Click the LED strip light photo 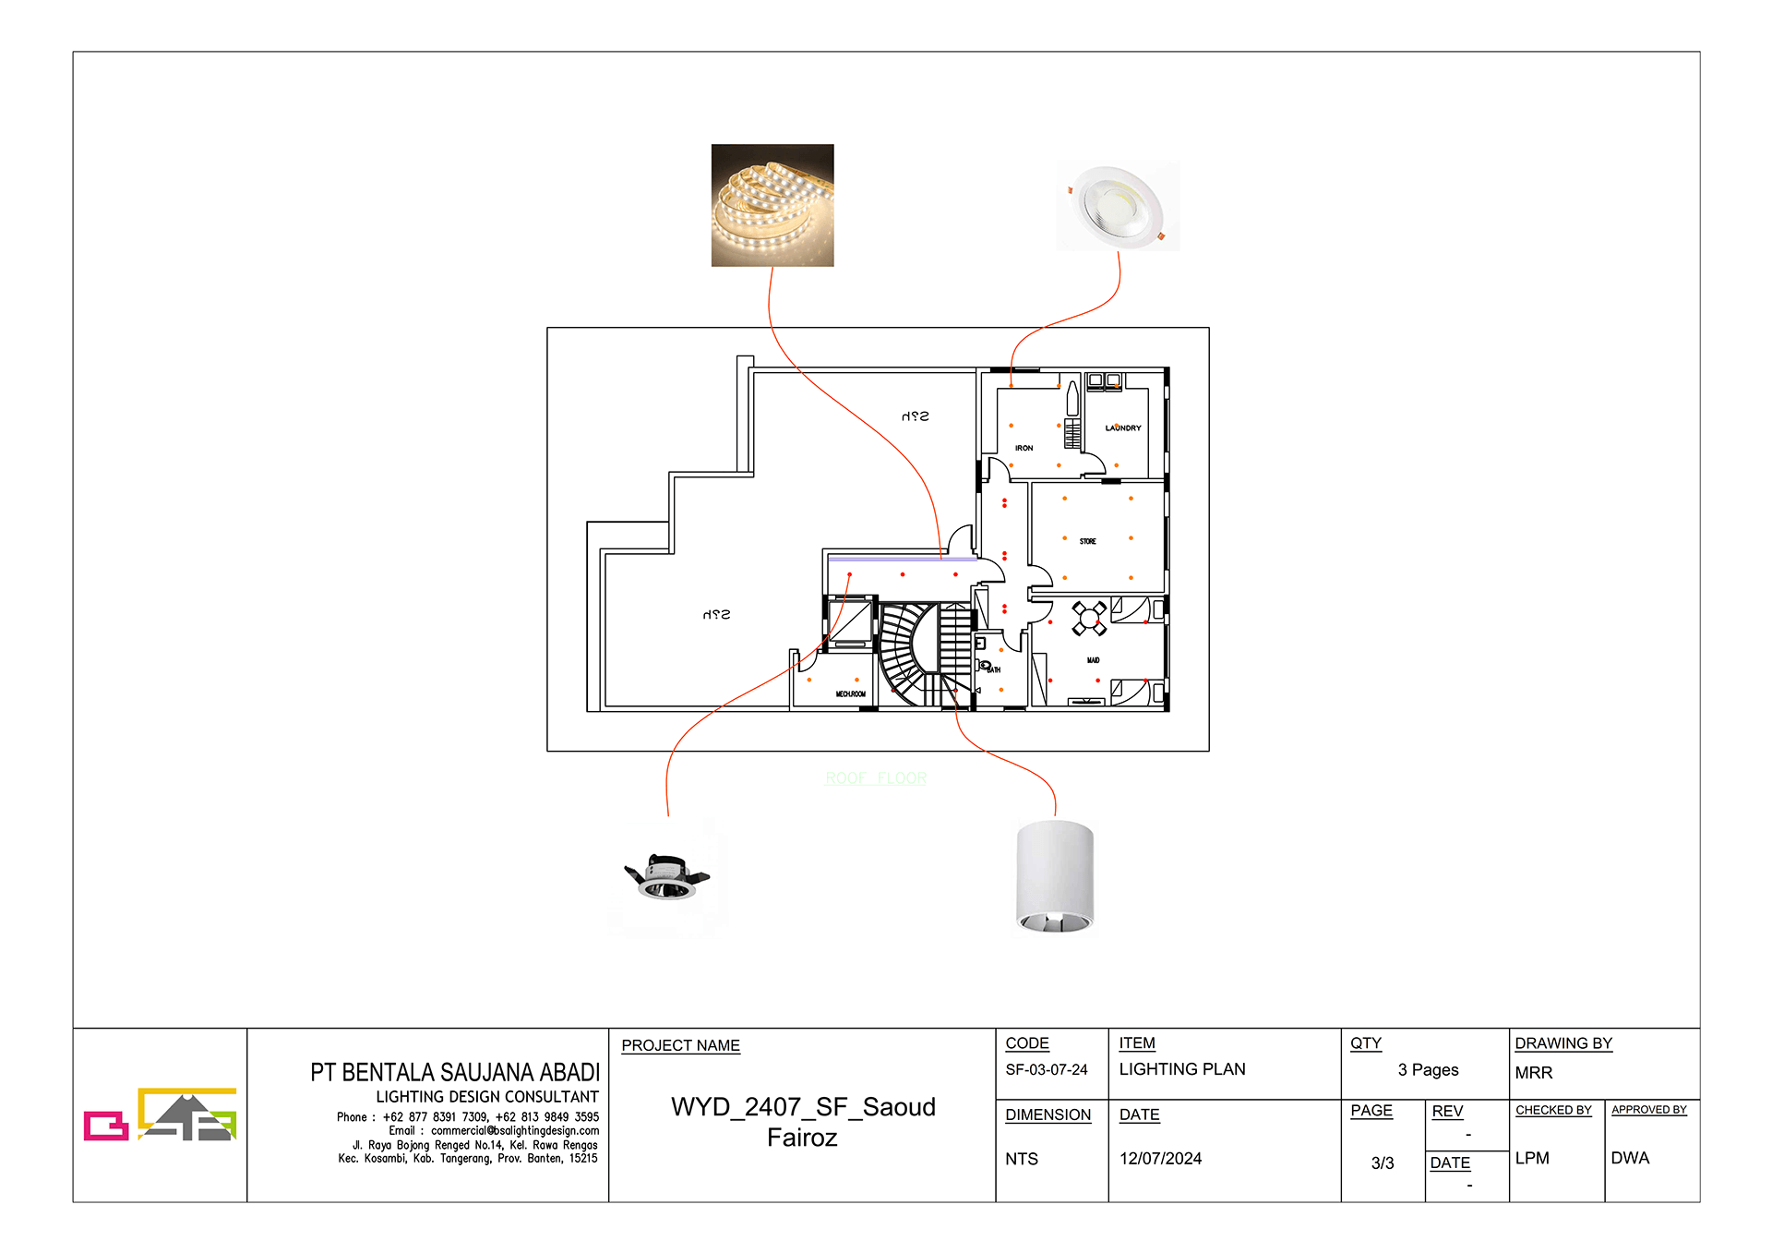(772, 205)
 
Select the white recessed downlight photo (1118, 205)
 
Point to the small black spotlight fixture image (666, 877)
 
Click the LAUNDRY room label (1123, 428)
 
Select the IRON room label (1024, 448)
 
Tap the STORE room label (1088, 542)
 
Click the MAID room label (1093, 660)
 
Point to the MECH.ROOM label (850, 693)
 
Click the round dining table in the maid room (1089, 618)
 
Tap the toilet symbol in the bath (985, 666)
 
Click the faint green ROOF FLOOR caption (876, 778)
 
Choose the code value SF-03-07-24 (1047, 1069)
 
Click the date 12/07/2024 (1160, 1159)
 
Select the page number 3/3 (1382, 1163)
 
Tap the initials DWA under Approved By (1629, 1158)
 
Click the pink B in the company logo (105, 1126)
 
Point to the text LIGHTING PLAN (1181, 1069)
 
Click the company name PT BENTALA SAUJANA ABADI (454, 1072)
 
